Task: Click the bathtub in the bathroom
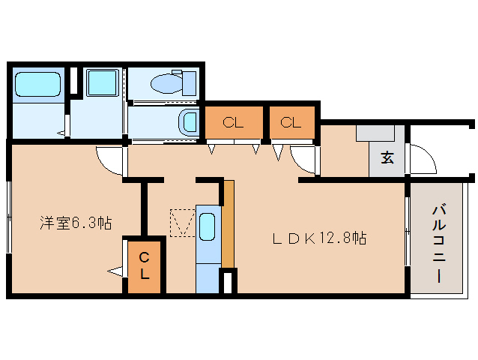click(x=37, y=84)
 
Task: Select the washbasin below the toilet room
click(x=188, y=120)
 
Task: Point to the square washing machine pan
click(x=101, y=84)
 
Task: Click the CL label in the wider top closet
click(x=234, y=123)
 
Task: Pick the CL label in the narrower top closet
click(x=291, y=123)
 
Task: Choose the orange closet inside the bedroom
click(x=144, y=266)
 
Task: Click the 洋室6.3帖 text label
click(x=76, y=223)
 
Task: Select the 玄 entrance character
click(x=387, y=158)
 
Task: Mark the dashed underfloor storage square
click(x=182, y=222)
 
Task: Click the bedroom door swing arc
click(x=109, y=160)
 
